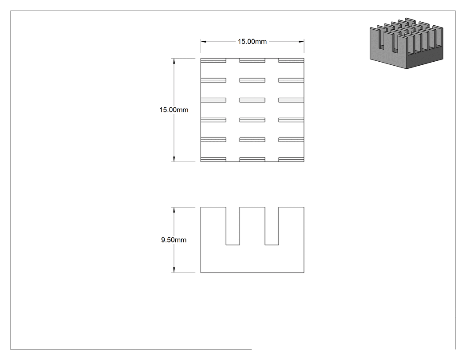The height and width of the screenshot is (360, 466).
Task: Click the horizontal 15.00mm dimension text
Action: (252, 42)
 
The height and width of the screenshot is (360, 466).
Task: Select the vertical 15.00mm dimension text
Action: (174, 110)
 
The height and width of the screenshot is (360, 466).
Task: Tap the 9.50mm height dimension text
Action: (174, 240)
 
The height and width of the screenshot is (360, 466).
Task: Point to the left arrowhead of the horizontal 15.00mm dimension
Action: (203, 42)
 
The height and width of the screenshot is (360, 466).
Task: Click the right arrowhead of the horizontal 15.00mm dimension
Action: (301, 42)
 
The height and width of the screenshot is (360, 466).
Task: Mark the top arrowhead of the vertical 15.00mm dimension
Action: (174, 61)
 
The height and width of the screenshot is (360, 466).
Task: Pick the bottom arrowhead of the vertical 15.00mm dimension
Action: (174, 159)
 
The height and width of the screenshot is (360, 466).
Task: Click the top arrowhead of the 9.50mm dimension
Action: (174, 210)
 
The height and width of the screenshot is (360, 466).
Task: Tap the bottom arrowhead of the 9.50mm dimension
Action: (174, 269)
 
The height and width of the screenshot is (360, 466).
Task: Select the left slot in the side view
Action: (233, 226)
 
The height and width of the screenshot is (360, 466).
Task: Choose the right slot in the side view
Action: (272, 226)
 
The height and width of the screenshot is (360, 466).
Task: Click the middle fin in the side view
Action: (253, 226)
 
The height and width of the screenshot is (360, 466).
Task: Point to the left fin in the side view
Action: (213, 226)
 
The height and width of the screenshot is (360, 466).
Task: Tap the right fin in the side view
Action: (291, 226)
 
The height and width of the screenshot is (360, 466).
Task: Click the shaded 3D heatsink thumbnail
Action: (406, 43)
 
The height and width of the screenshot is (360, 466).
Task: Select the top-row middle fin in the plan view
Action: (253, 60)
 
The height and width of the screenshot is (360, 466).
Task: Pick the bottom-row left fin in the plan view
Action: (213, 160)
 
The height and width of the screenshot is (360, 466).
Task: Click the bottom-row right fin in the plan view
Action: (291, 160)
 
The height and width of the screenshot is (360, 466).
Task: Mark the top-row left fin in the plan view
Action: (213, 60)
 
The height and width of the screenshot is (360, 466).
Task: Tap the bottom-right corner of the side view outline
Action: (304, 272)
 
